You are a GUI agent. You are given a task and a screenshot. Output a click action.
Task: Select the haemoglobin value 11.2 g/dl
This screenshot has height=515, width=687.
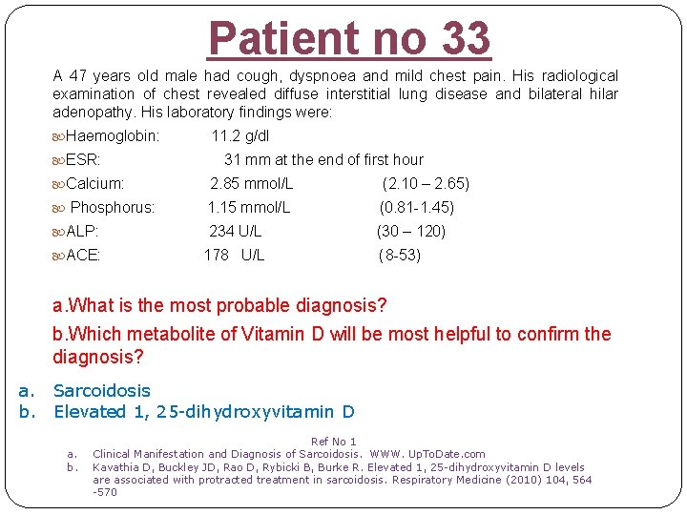click(x=240, y=136)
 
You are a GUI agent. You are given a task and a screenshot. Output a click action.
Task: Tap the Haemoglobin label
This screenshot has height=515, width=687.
click(x=113, y=136)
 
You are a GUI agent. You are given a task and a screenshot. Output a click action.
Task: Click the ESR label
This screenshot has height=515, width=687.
click(x=83, y=160)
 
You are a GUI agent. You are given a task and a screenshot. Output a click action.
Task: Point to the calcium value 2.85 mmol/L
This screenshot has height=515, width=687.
click(x=252, y=184)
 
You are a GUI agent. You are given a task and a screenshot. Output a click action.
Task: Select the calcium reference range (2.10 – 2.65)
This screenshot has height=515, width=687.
click(x=426, y=184)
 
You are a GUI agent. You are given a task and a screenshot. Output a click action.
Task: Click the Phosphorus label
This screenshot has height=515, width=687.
click(x=113, y=208)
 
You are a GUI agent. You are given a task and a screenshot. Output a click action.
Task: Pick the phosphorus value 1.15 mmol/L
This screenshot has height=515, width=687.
click(x=249, y=208)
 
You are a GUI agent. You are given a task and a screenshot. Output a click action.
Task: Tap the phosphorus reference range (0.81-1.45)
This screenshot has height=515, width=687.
click(x=416, y=208)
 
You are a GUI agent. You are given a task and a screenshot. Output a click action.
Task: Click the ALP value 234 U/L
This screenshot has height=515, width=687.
click(x=236, y=232)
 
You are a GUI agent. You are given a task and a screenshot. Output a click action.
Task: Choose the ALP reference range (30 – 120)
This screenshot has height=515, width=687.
click(x=411, y=232)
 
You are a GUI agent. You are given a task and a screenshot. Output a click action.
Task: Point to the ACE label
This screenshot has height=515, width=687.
click(x=83, y=256)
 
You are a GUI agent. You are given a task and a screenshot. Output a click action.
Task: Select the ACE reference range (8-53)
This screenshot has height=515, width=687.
click(x=399, y=256)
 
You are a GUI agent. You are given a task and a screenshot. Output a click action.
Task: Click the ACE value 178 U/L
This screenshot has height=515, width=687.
click(x=235, y=256)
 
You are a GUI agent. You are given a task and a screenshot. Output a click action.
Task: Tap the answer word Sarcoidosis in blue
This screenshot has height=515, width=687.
click(x=102, y=391)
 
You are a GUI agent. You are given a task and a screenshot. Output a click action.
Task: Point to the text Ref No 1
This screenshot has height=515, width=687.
click(x=334, y=442)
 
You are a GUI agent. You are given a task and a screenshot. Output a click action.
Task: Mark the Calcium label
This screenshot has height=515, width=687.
click(x=95, y=184)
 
